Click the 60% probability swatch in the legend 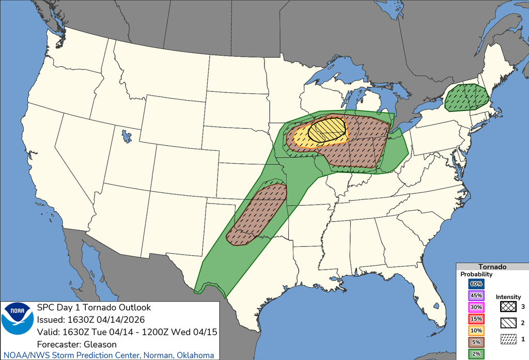[476, 284]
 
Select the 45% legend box [476, 295]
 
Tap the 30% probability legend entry [476, 307]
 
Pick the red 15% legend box [476, 319]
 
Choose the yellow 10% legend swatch [476, 331]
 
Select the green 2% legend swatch [476, 354]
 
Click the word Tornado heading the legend [492, 267]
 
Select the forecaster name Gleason [100, 344]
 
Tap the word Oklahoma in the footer [196, 355]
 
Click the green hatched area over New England [467, 98]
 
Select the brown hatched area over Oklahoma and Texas [258, 214]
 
